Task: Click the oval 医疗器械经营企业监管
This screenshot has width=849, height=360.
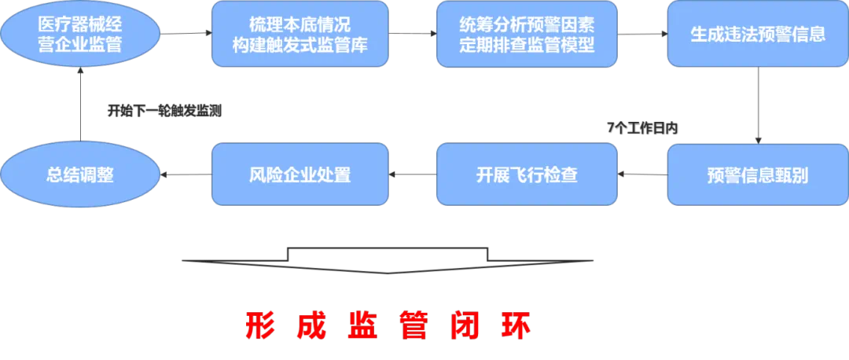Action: (80, 33)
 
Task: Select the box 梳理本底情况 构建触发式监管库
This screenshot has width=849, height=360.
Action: (300, 33)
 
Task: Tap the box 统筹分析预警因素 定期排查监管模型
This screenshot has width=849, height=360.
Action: (526, 33)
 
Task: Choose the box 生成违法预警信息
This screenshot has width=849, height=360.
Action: (757, 33)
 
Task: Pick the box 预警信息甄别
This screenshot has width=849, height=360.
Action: (757, 174)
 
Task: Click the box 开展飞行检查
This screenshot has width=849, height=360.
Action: (526, 174)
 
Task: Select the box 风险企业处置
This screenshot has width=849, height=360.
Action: (300, 174)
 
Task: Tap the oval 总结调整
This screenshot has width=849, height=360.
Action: (80, 174)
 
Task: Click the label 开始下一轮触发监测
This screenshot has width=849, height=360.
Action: (164, 111)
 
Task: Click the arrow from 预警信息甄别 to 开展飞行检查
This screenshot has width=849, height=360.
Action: (642, 174)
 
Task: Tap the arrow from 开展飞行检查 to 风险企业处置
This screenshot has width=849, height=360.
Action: (413, 174)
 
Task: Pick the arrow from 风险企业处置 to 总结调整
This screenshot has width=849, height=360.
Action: (186, 174)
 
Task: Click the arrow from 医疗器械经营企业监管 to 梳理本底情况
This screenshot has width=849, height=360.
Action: (186, 34)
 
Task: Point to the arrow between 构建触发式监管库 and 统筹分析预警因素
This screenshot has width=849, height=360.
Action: (413, 34)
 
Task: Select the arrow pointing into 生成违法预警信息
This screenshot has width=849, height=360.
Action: (642, 34)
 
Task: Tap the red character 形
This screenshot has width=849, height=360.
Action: (259, 325)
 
